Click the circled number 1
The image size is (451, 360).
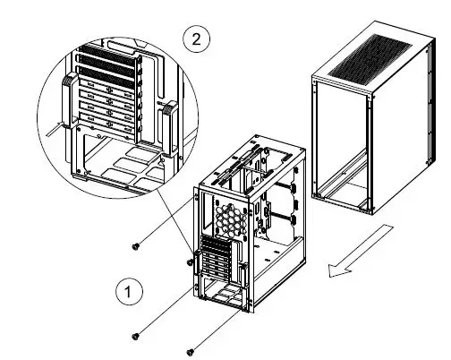click(x=129, y=290)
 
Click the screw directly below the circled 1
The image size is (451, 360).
click(x=135, y=336)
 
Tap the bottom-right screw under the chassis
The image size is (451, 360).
click(x=191, y=352)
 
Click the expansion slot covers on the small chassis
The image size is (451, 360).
click(x=216, y=261)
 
